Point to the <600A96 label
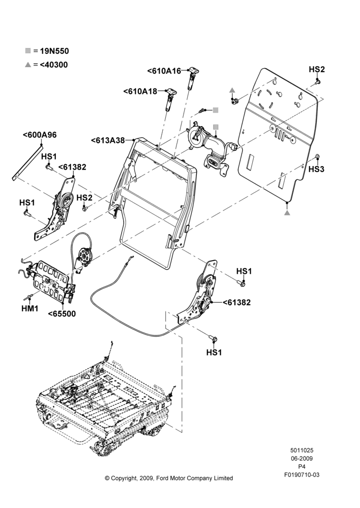(x=40, y=135)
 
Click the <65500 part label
(x=62, y=313)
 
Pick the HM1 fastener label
(x=30, y=309)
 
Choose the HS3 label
(x=316, y=169)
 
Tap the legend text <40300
(x=54, y=65)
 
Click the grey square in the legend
(x=28, y=51)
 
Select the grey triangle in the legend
(x=28, y=65)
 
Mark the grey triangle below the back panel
(x=287, y=212)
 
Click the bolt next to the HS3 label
(x=317, y=157)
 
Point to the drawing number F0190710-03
(x=302, y=474)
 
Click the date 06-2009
(x=302, y=458)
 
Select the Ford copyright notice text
(x=169, y=478)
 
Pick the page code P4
(x=302, y=466)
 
